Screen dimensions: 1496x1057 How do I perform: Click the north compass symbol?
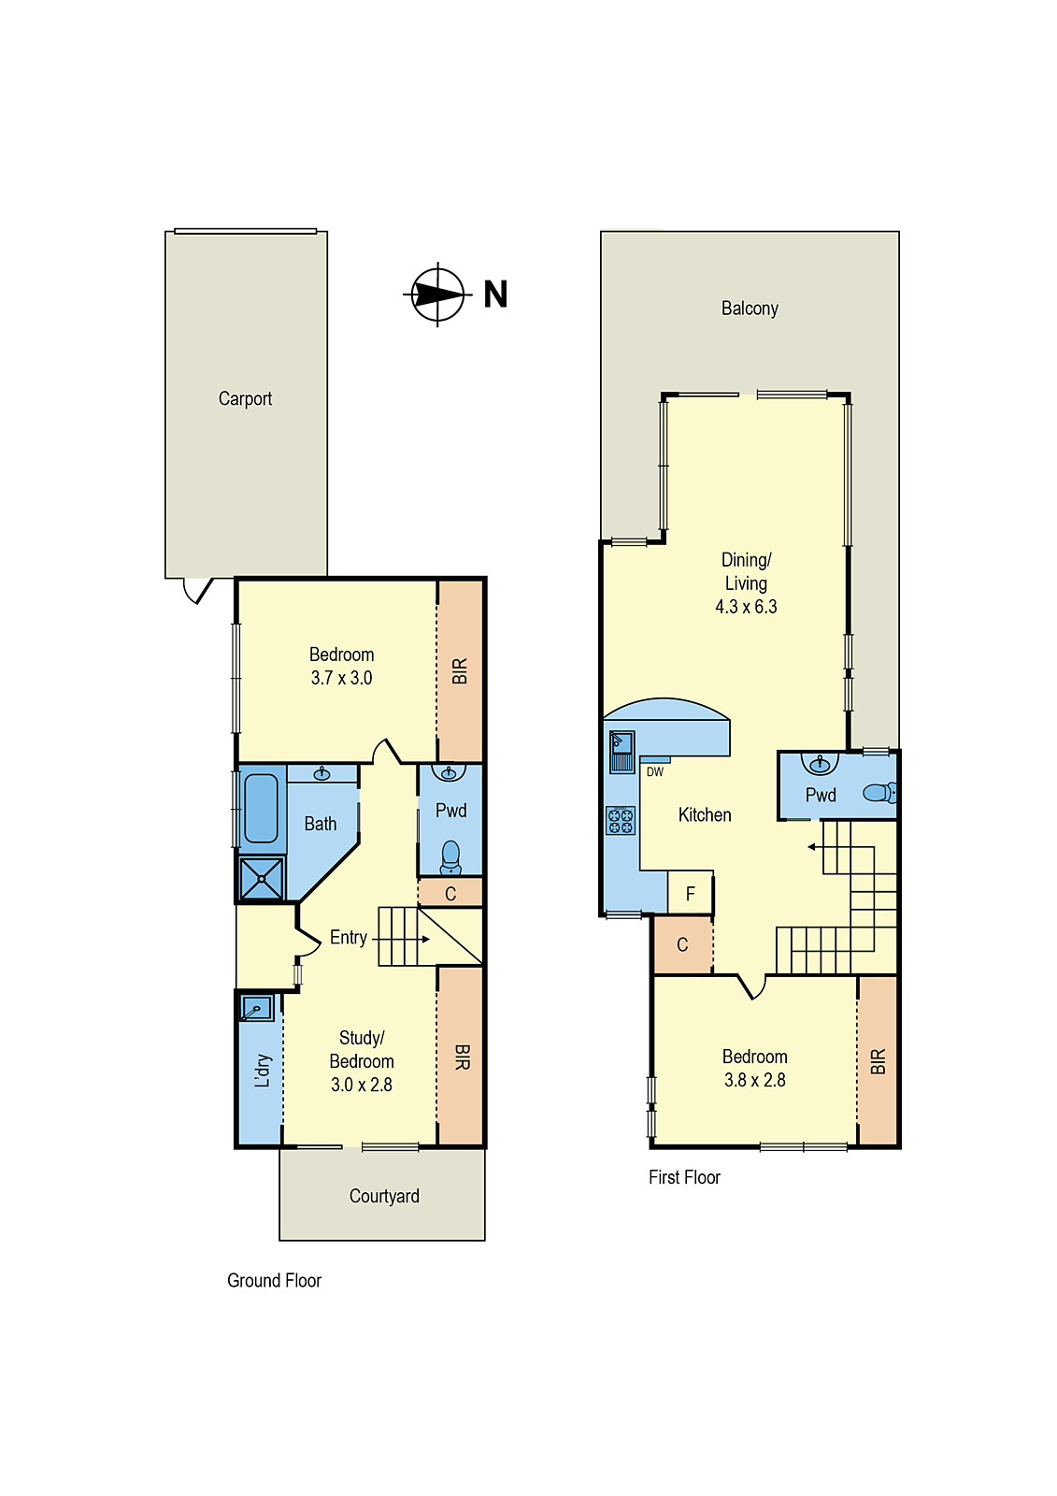pyautogui.click(x=437, y=295)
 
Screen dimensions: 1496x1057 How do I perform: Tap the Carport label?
pyautogui.click(x=245, y=399)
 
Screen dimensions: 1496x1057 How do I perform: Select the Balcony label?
pyautogui.click(x=750, y=309)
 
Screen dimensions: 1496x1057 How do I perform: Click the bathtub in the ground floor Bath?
pyautogui.click(x=261, y=809)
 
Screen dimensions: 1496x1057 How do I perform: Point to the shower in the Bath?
pyautogui.click(x=262, y=879)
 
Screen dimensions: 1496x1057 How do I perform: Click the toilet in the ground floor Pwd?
pyautogui.click(x=450, y=856)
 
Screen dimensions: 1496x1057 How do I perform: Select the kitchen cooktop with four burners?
pyautogui.click(x=621, y=821)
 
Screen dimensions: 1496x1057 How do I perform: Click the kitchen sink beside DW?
pyautogui.click(x=621, y=751)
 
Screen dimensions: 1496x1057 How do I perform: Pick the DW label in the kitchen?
pyautogui.click(x=655, y=772)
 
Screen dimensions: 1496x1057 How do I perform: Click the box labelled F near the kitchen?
pyautogui.click(x=691, y=894)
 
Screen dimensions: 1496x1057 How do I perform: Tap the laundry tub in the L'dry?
pyautogui.click(x=255, y=1009)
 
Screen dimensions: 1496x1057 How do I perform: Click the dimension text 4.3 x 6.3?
pyautogui.click(x=746, y=607)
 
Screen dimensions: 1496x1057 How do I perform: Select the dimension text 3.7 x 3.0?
pyautogui.click(x=341, y=679)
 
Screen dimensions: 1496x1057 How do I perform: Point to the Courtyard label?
pyautogui.click(x=384, y=1197)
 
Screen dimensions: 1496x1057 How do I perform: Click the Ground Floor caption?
pyautogui.click(x=274, y=1281)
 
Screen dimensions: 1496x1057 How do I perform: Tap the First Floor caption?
pyautogui.click(x=684, y=1178)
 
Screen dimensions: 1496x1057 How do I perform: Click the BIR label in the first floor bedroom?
pyautogui.click(x=878, y=1062)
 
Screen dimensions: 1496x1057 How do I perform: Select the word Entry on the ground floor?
pyautogui.click(x=348, y=938)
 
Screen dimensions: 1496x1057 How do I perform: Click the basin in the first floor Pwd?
pyautogui.click(x=821, y=765)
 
